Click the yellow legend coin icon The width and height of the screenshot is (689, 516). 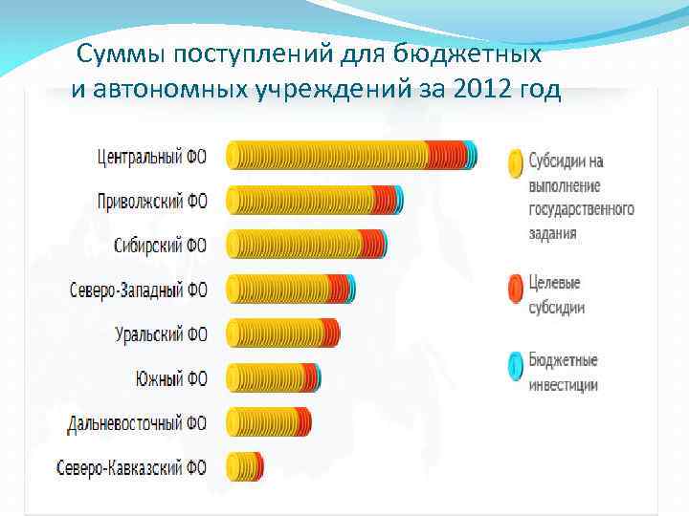[x=515, y=161]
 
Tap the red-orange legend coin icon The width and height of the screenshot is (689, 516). [x=515, y=288]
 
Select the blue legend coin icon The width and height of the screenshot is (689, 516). [x=515, y=365]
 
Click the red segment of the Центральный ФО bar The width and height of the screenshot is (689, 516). [x=442, y=155]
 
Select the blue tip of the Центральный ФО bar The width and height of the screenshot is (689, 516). [x=470, y=155]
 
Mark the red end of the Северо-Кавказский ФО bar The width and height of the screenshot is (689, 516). [x=258, y=466]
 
